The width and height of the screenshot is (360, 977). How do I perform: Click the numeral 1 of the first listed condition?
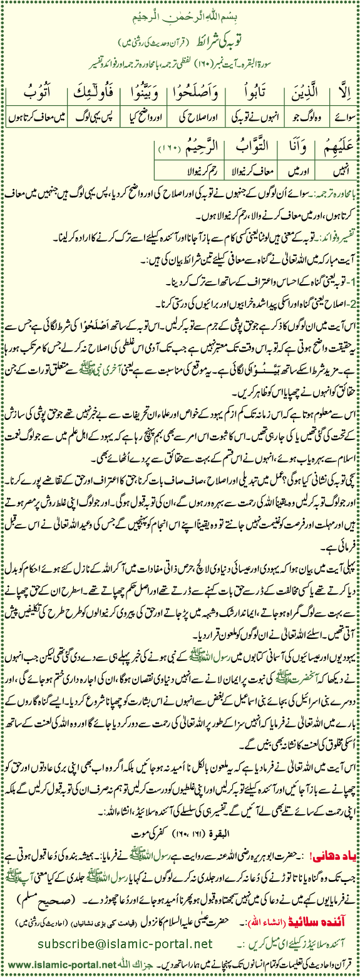tap(352, 281)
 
